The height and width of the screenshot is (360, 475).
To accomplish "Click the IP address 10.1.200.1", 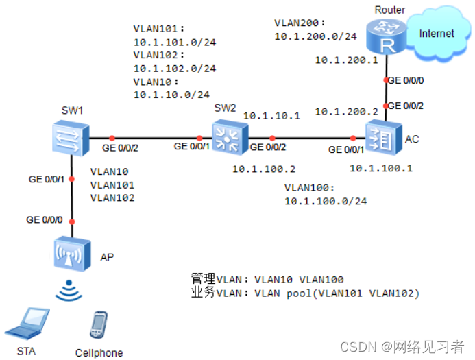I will point(346,60).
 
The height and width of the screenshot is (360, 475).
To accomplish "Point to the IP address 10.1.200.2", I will point(346,111).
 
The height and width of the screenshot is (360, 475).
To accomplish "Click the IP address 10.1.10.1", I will point(271,115).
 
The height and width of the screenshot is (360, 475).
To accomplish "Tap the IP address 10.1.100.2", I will point(263,167).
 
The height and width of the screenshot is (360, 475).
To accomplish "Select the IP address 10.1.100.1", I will point(381,167).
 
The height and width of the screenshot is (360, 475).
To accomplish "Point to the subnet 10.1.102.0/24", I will point(174,69).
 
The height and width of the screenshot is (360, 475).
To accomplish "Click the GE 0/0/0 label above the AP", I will point(45,220).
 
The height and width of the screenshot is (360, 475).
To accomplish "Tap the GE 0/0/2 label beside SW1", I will point(121,147).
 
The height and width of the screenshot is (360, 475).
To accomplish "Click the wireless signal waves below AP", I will point(71,291).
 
